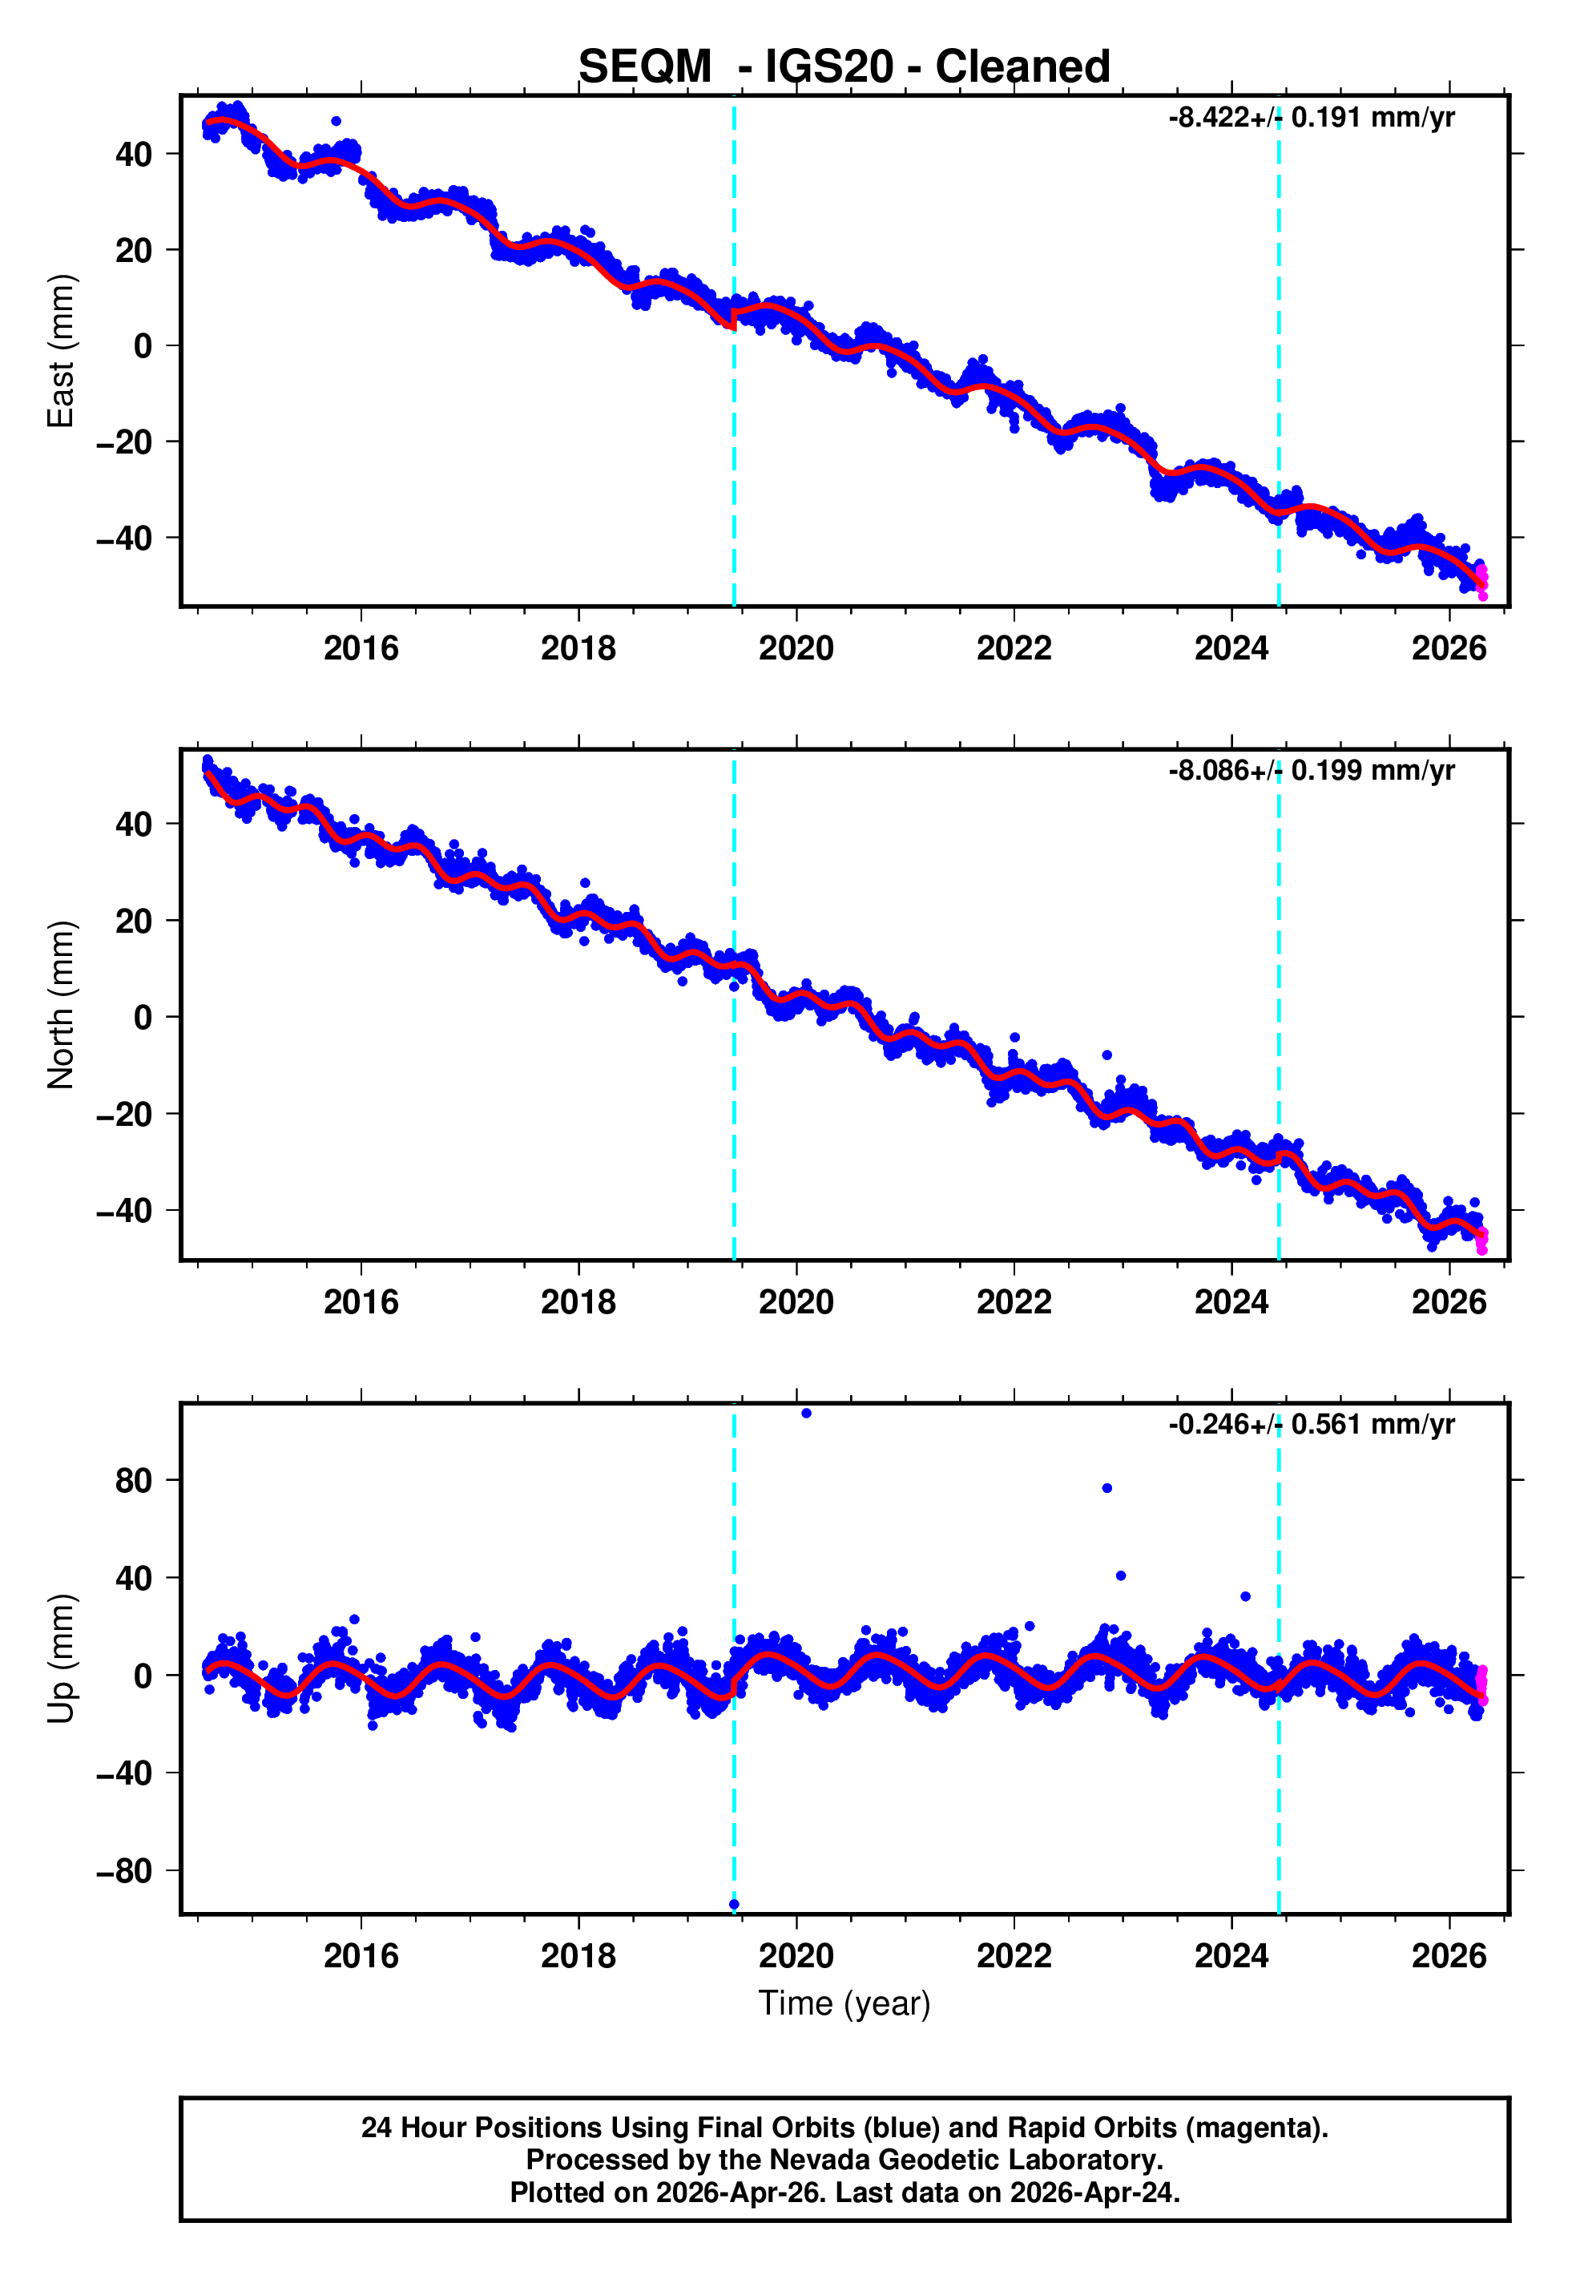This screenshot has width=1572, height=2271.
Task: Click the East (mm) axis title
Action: (61, 351)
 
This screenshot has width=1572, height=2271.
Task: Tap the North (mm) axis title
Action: (61, 1005)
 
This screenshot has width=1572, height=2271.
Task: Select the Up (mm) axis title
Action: (61, 1659)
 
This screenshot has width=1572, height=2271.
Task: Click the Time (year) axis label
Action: (844, 2003)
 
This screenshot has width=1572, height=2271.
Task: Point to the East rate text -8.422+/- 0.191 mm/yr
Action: (1311, 117)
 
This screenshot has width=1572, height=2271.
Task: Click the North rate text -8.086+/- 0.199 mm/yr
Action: (1311, 770)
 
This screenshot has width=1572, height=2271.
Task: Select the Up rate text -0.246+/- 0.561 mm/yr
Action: (1311, 1424)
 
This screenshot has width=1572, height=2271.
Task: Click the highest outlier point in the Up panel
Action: (806, 1414)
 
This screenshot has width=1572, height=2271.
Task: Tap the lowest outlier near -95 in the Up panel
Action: (734, 1905)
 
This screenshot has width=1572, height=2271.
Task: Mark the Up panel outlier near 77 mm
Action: (1107, 1488)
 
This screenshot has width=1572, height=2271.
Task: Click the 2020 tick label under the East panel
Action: (796, 648)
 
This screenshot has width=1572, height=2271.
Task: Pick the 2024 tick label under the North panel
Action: (1231, 1302)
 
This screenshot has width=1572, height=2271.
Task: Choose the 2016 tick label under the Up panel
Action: (361, 1956)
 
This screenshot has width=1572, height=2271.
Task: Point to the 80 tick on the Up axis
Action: (133, 1480)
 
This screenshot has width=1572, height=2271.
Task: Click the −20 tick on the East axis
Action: (123, 442)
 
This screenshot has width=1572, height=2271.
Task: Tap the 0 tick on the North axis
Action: (143, 1018)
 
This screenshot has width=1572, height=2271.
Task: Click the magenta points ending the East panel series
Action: (1482, 582)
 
